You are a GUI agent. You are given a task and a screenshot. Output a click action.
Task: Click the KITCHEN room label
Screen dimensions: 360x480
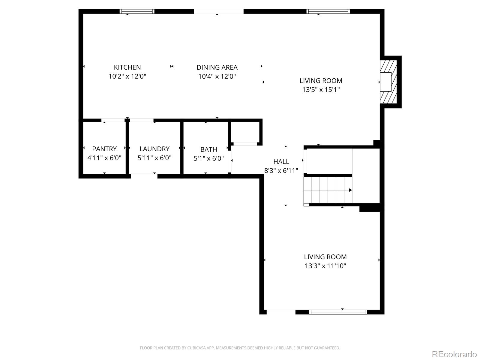127,67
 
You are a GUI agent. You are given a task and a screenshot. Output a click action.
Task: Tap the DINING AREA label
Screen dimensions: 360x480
217,67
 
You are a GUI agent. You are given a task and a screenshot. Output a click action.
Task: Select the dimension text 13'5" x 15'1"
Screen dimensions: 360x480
321,89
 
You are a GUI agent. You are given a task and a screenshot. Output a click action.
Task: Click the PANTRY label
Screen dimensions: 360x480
104,149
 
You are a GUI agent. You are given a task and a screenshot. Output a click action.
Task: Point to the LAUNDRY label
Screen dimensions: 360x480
154,149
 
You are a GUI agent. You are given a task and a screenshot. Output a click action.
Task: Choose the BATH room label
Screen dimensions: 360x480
208,149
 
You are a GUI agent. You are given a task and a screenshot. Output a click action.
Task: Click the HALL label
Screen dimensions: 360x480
281,162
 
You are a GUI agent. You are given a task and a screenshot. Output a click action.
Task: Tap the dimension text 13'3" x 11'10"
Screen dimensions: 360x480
325,266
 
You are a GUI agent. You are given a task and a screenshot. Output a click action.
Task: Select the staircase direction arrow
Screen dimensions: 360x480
350,190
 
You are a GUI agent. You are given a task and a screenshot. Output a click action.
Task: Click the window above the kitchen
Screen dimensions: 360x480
137,11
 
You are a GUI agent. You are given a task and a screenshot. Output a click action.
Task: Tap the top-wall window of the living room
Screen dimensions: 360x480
328,11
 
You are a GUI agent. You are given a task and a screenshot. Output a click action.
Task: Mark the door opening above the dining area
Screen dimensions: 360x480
218,11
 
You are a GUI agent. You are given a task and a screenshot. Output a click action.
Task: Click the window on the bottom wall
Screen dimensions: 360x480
338,312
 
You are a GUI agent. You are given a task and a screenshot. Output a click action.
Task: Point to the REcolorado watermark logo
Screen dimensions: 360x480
454,354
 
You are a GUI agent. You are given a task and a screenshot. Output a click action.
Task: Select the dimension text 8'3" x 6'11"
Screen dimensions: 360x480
281,171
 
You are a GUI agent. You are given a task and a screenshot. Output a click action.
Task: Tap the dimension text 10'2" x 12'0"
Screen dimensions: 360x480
127,76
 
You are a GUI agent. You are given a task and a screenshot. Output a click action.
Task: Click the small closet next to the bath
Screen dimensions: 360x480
245,132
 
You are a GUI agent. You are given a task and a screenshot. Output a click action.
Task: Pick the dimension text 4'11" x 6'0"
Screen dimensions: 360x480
104,158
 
